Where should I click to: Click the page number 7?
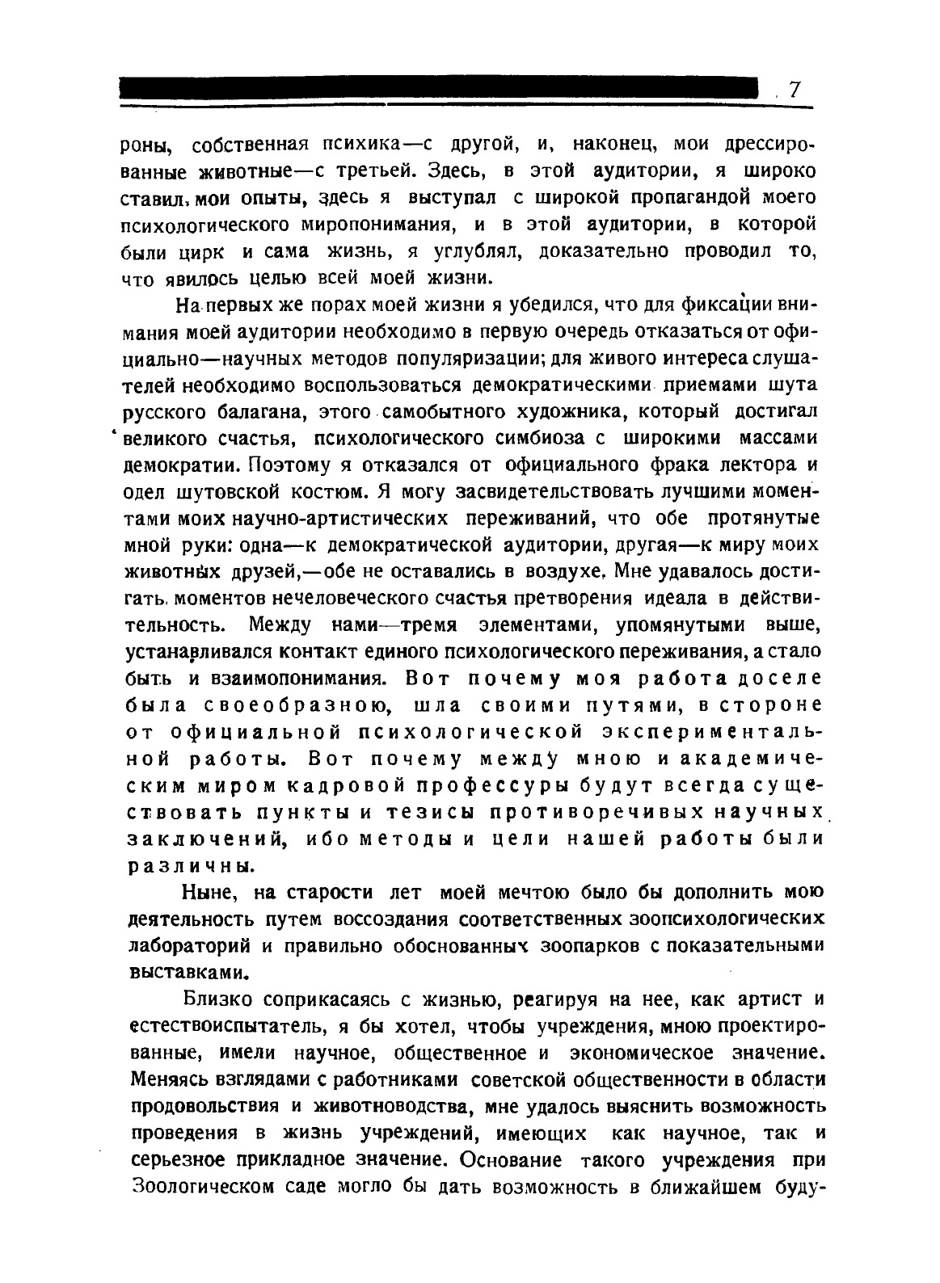pyautogui.click(x=794, y=90)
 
